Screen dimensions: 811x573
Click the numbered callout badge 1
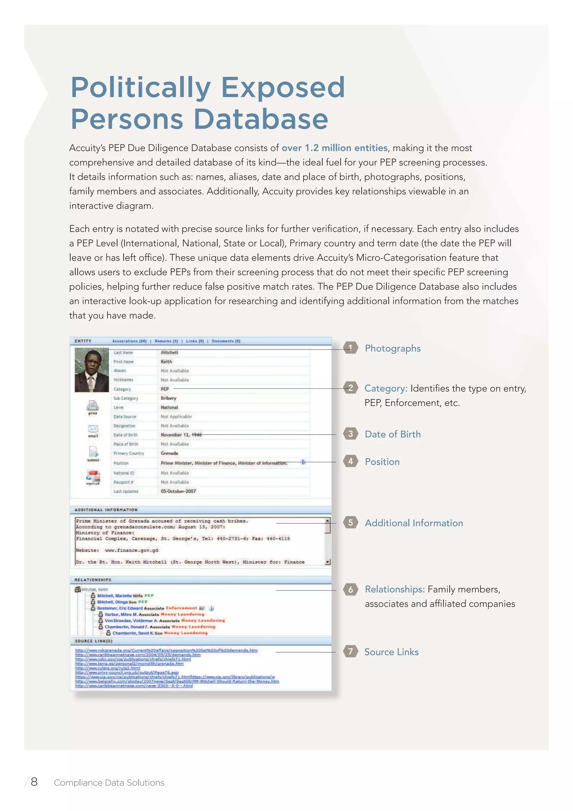(350, 348)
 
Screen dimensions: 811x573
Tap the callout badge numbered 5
(350, 522)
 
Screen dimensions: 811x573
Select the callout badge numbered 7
(350, 651)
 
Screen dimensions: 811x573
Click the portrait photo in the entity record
(92, 370)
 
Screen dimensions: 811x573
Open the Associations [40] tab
(129, 341)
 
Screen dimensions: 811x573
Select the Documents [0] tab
(226, 341)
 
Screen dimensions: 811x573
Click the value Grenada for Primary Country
(170, 453)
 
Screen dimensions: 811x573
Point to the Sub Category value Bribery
(168, 398)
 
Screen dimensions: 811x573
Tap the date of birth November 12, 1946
(181, 435)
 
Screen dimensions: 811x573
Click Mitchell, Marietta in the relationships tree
(114, 596)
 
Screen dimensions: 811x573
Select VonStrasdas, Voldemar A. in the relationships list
(131, 621)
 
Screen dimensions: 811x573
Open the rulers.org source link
(108, 668)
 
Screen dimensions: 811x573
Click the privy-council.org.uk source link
(127, 672)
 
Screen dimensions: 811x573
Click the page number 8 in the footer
(34, 782)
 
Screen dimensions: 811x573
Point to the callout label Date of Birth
(393, 434)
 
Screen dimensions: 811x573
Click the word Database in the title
(261, 119)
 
